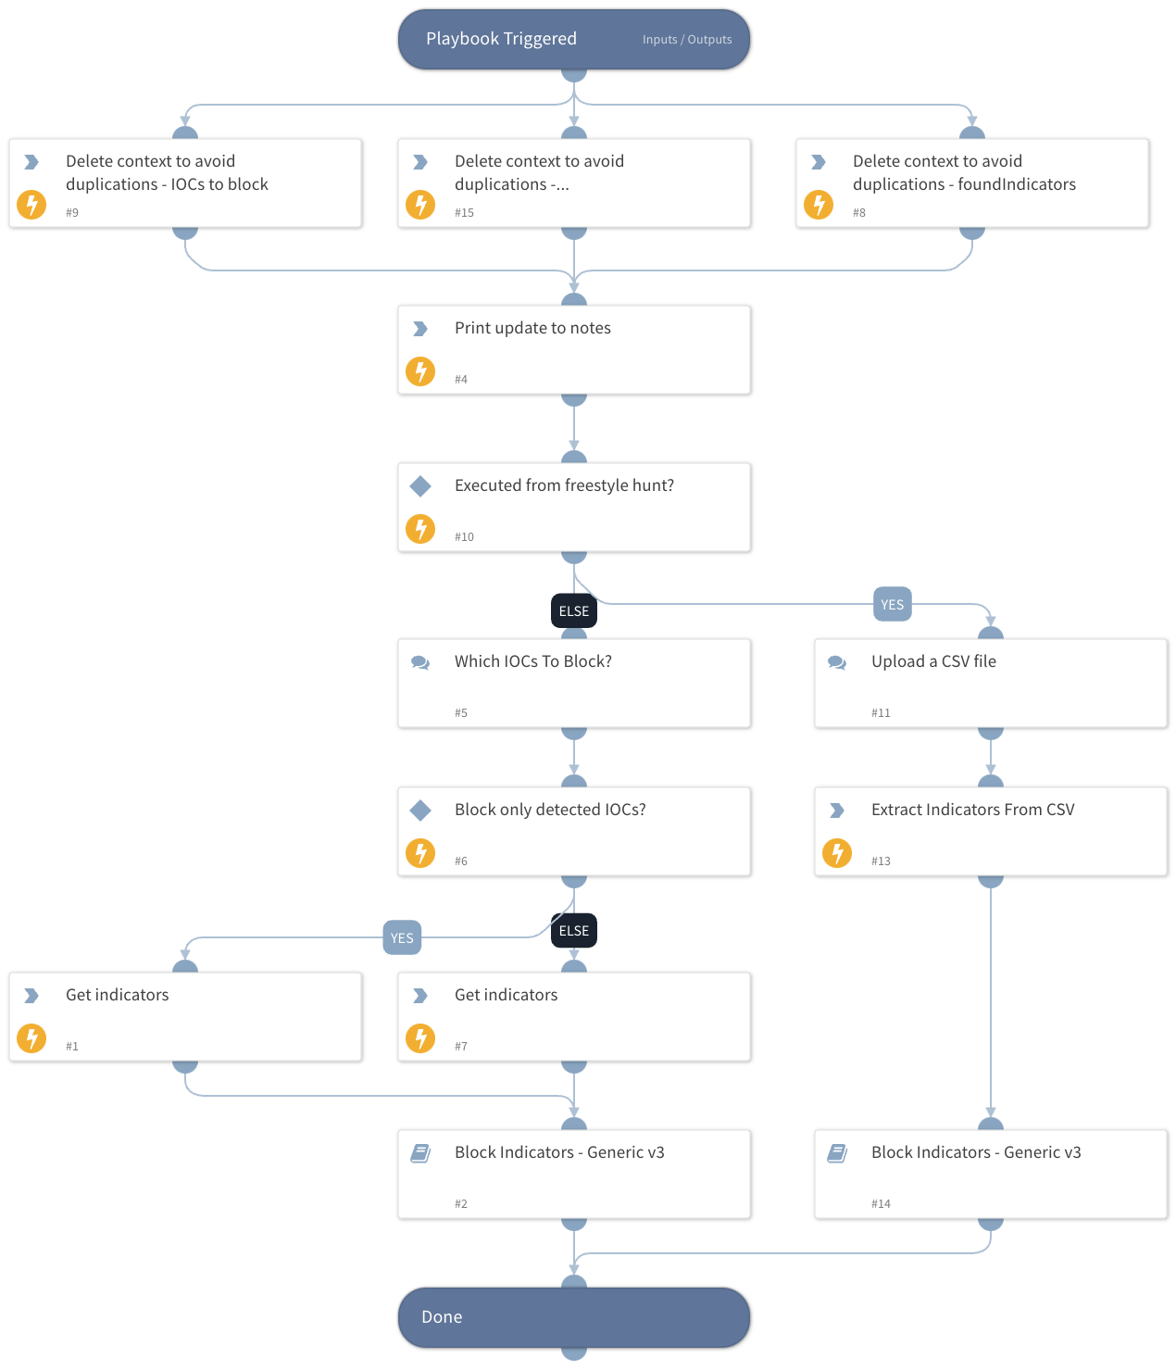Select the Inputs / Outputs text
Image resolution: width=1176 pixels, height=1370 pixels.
(686, 40)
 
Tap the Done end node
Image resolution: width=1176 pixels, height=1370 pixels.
(573, 1316)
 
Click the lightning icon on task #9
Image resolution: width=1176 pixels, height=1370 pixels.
(31, 204)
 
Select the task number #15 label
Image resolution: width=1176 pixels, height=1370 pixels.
(464, 213)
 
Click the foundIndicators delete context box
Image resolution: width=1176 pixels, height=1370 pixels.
(971, 182)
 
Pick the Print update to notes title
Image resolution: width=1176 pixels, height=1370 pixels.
(532, 328)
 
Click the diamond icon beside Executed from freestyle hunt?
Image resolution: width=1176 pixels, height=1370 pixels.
(420, 485)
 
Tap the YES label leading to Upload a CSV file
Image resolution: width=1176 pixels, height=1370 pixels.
(892, 605)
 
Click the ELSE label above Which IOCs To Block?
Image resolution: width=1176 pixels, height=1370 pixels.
(573, 611)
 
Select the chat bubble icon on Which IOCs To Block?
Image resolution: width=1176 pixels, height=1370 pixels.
(420, 662)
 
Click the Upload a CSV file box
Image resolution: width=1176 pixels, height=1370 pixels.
(990, 683)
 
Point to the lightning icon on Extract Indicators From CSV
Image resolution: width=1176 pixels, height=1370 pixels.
(837, 852)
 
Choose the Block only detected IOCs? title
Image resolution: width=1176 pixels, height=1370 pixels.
(550, 810)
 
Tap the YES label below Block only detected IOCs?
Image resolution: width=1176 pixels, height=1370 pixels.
(402, 938)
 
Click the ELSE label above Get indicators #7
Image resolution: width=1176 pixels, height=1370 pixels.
(573, 931)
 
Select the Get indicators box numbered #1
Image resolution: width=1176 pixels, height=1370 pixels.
(185, 1016)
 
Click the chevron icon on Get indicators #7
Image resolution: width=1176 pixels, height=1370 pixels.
(420, 996)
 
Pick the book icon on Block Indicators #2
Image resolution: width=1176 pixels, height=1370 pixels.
(420, 1153)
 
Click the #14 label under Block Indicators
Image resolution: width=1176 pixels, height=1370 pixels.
(881, 1204)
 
